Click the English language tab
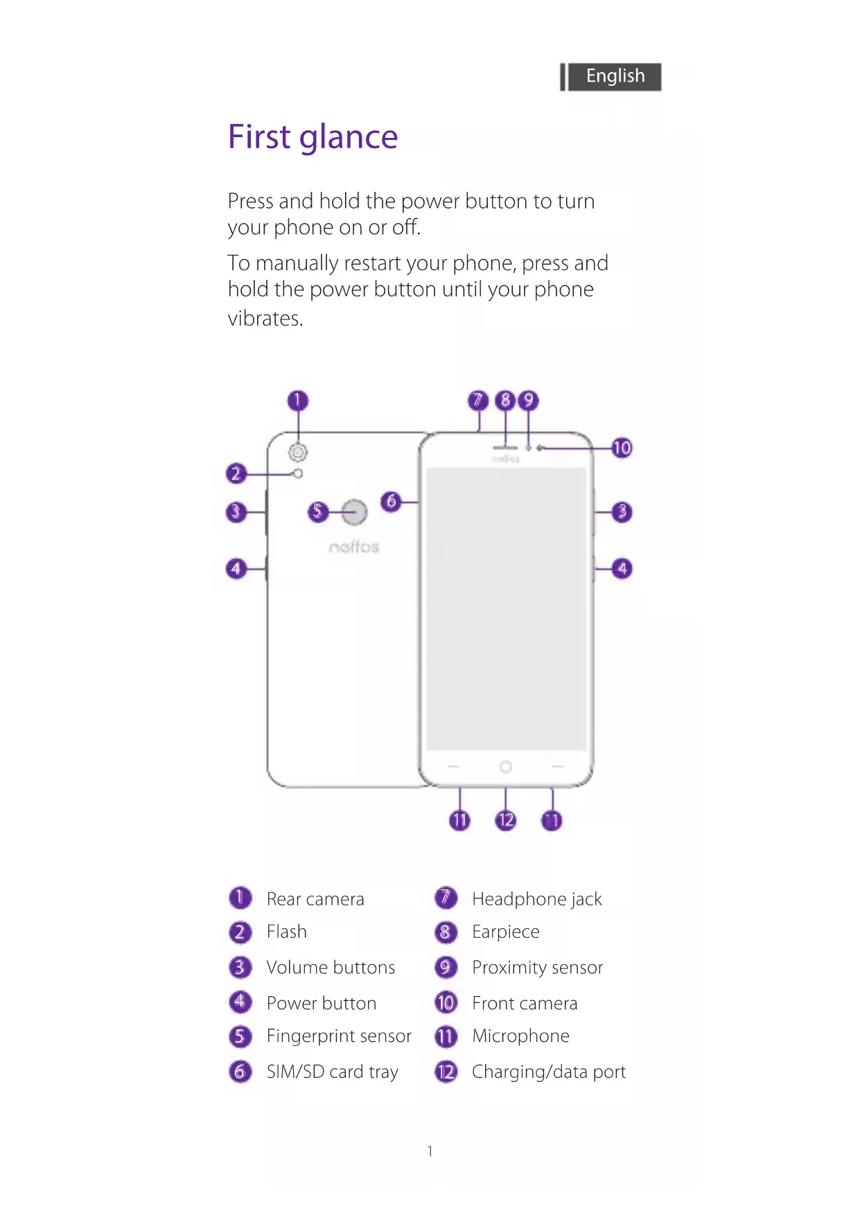pos(614,76)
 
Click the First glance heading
pos(313,137)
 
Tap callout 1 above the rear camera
pos(297,400)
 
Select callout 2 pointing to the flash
pos(236,474)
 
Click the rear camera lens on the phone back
pos(298,452)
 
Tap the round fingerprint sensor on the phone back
pos(354,512)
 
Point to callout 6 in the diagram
pos(392,501)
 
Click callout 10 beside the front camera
pos(622,448)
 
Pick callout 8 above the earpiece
pos(505,400)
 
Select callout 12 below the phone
pos(505,821)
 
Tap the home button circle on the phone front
pos(506,767)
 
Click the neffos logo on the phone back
pos(354,547)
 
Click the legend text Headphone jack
pos(536,899)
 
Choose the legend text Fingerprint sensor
pos(339,1036)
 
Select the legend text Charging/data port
pos(548,1072)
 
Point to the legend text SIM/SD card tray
pos(332,1072)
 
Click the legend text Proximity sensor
pos(537,968)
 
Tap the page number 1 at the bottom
pos(430,1151)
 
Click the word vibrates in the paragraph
pos(265,319)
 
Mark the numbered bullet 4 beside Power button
pos(240,1002)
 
